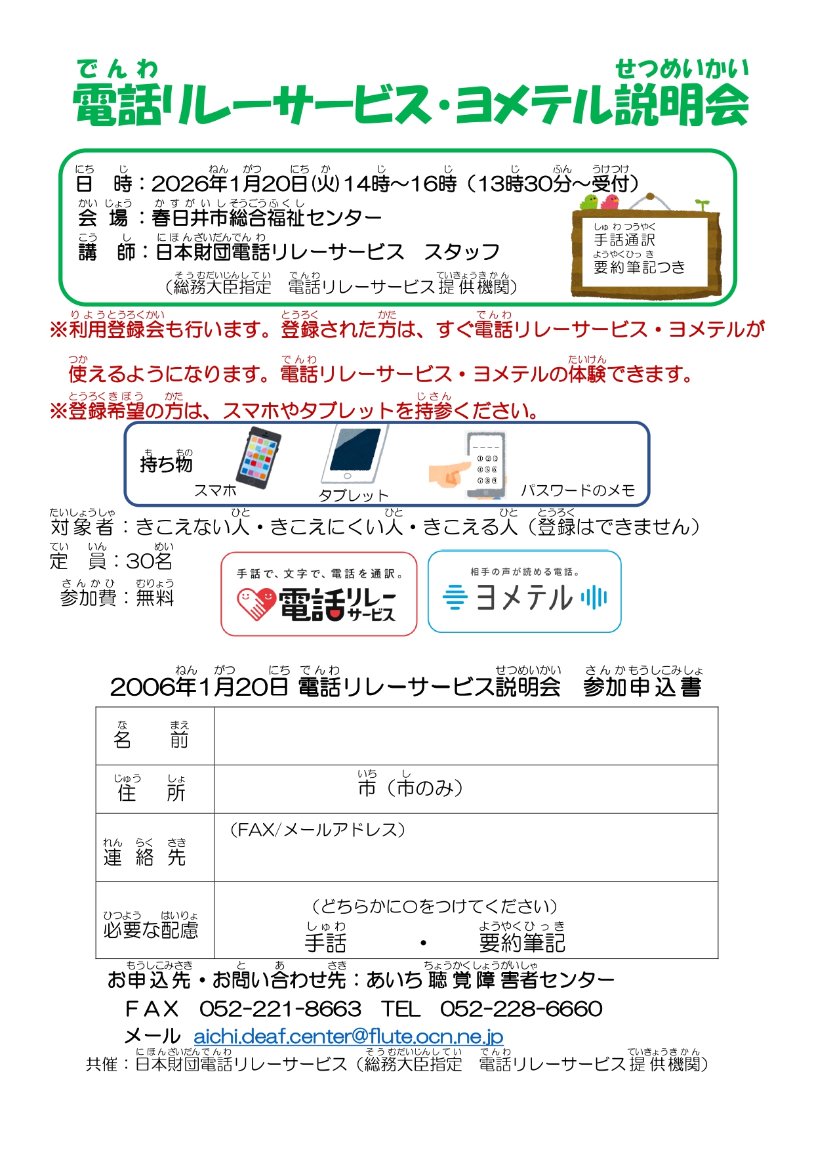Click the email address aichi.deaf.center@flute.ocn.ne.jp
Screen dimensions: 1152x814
pos(348,1036)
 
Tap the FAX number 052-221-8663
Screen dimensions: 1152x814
pos(280,1009)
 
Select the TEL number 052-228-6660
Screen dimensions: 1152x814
pos(521,1009)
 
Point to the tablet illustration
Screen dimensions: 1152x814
pos(354,454)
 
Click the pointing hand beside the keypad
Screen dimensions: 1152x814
pos(449,473)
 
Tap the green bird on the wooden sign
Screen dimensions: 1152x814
pos(590,202)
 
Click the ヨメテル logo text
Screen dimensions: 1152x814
pos(524,598)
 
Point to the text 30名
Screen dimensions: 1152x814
pos(150,561)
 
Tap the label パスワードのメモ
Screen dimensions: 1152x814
pos(578,490)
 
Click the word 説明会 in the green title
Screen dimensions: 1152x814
pos(681,106)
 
